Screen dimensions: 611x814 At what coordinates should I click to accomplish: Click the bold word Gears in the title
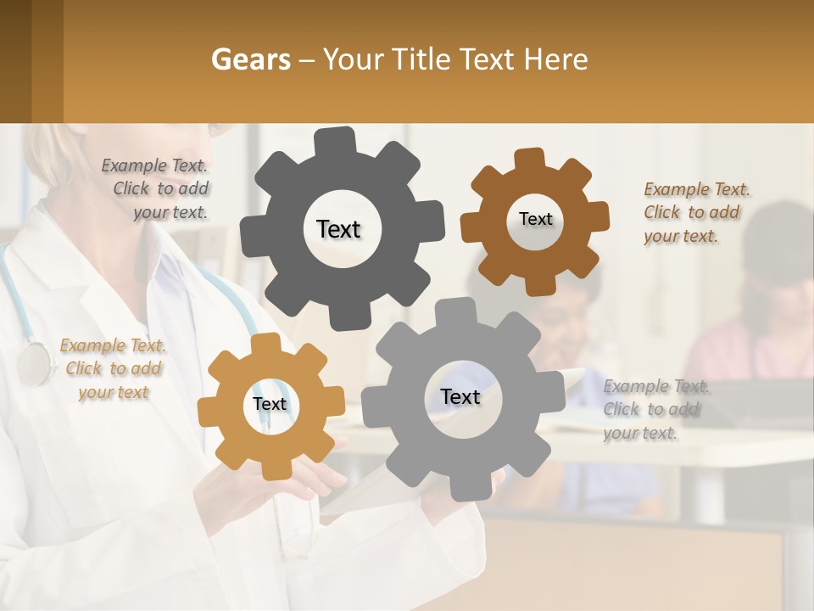pyautogui.click(x=250, y=59)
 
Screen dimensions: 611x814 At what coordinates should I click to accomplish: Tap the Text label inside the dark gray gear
pyautogui.click(x=338, y=229)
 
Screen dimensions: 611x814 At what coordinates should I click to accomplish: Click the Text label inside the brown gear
pyautogui.click(x=535, y=219)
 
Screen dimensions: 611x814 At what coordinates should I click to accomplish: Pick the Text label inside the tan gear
pyautogui.click(x=270, y=405)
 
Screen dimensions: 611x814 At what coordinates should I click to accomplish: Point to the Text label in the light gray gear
pyautogui.click(x=460, y=397)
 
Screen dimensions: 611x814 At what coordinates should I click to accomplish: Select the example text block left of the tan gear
pyautogui.click(x=113, y=369)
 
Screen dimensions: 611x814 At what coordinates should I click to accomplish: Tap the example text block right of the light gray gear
pyautogui.click(x=655, y=410)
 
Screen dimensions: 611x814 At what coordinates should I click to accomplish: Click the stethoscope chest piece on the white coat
pyautogui.click(x=34, y=363)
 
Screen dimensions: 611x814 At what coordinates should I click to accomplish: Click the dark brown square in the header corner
pyautogui.click(x=31, y=61)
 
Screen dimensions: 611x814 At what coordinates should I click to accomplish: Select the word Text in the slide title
pyautogui.click(x=491, y=59)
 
